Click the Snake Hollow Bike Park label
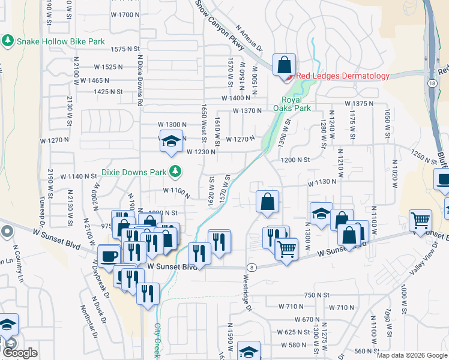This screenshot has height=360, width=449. click(x=61, y=41)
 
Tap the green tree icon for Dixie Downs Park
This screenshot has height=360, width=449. click(x=175, y=172)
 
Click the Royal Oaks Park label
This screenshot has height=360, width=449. click(x=292, y=104)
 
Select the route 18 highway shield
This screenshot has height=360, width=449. click(x=432, y=83)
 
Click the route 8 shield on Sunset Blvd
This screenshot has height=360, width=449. click(x=253, y=267)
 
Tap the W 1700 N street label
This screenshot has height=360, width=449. click(x=125, y=14)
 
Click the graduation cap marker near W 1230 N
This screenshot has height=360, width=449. click(x=170, y=141)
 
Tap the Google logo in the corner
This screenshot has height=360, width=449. click(x=20, y=353)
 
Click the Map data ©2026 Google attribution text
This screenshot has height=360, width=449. click(x=411, y=355)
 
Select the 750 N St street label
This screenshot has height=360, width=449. click(x=316, y=295)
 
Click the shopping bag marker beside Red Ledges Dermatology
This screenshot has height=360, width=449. click(x=284, y=64)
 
